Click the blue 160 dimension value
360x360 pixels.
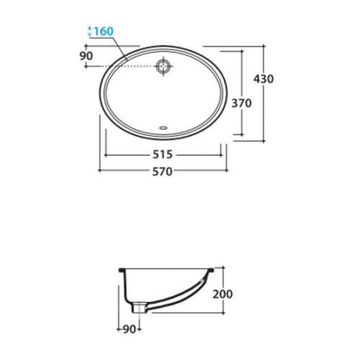(x=104, y=31)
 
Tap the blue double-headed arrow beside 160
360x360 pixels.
(x=90, y=31)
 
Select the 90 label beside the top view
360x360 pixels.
(x=86, y=56)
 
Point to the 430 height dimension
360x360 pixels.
(x=264, y=79)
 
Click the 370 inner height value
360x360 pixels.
(x=241, y=103)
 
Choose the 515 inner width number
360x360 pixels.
(x=163, y=154)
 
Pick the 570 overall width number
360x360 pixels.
(x=163, y=171)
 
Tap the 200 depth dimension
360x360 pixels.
(x=222, y=294)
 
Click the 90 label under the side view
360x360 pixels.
(x=130, y=329)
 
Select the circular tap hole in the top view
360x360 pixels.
(x=163, y=66)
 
